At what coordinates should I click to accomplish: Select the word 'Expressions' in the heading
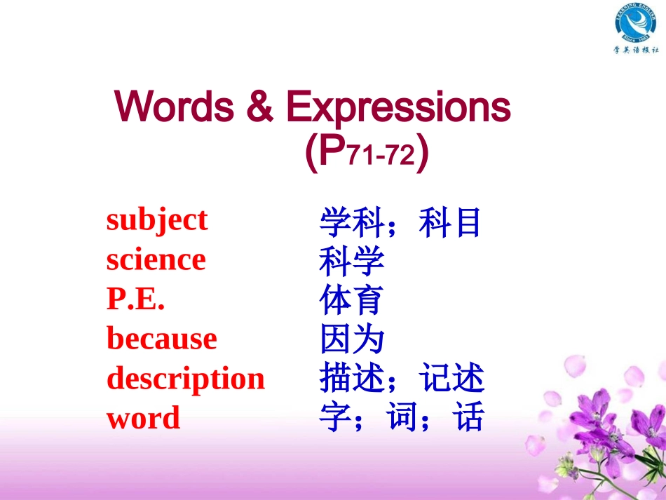tap(398, 108)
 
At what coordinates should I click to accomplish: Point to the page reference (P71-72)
tap(367, 152)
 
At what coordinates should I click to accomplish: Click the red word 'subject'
tap(157, 220)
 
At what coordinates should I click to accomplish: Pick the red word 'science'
tap(156, 260)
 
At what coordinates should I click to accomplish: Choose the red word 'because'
tap(162, 339)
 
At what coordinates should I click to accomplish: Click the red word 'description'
tap(186, 379)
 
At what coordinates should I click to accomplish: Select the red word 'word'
tap(144, 419)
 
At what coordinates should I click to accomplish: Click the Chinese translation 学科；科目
tap(400, 223)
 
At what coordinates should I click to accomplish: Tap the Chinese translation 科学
tap(351, 262)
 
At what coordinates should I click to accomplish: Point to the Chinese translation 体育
tap(351, 302)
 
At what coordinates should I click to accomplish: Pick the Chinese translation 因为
tap(351, 341)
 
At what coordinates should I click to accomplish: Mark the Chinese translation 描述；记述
tap(401, 380)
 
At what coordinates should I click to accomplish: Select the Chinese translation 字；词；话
tap(401, 419)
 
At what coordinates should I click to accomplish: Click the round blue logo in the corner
tap(635, 23)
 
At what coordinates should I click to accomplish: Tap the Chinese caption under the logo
tap(636, 50)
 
